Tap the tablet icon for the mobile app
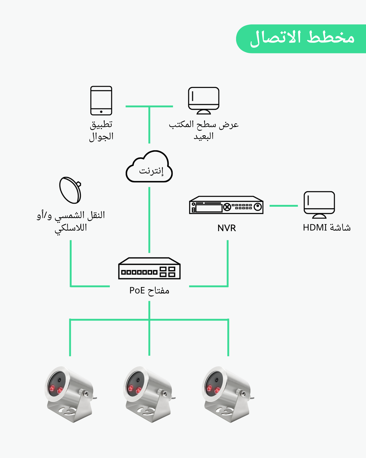tap(101, 100)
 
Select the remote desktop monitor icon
tap(203, 100)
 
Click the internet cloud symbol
tap(149, 167)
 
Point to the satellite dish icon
tap(70, 190)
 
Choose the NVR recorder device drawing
tap(226, 205)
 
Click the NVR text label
tap(227, 228)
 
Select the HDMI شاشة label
tap(327, 228)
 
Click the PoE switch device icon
tap(149, 268)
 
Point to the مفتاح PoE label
tap(149, 290)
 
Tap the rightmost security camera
tap(227, 394)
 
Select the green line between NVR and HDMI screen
tap(284, 206)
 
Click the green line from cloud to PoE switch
tap(149, 220)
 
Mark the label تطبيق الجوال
tap(101, 130)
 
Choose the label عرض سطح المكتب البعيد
tap(204, 130)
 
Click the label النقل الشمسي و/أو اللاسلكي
tap(71, 221)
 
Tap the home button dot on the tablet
tap(101, 112)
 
